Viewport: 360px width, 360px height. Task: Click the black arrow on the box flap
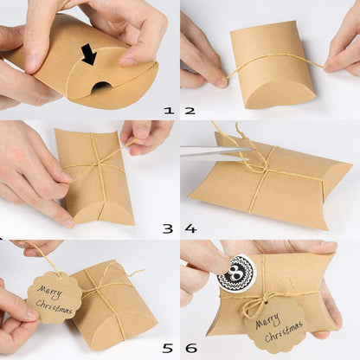[89, 55]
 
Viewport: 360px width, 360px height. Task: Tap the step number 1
[169, 111]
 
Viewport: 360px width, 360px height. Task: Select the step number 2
[190, 111]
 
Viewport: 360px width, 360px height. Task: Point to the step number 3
[168, 228]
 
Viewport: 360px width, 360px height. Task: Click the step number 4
[190, 228]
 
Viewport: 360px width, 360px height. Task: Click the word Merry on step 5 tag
[53, 289]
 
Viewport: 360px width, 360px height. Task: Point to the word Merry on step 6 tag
[275, 319]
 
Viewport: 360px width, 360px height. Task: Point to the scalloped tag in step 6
[274, 325]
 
